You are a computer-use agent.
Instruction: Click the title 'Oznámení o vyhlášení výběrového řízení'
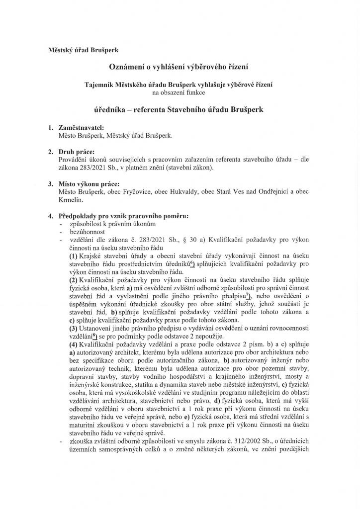(179, 66)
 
